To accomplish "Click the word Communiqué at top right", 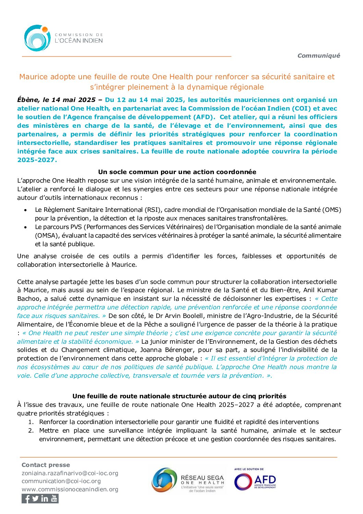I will pos(318,56).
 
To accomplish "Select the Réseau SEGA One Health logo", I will pos(188,480).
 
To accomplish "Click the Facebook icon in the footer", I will pos(26,499).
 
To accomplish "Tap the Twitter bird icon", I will pos(35,499).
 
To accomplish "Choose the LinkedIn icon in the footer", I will pos(45,499).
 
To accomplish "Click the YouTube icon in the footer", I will pos(54,499).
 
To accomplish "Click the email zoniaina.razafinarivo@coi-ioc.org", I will pos(70,473).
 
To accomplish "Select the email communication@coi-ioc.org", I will pos(61,481).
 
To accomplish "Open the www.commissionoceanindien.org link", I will pos(70,489).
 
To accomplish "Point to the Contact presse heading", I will pos(46,465).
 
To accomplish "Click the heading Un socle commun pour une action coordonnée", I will pos(177,172).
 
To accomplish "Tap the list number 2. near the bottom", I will pos(31,431).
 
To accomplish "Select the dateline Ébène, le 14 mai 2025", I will pos(56,100).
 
